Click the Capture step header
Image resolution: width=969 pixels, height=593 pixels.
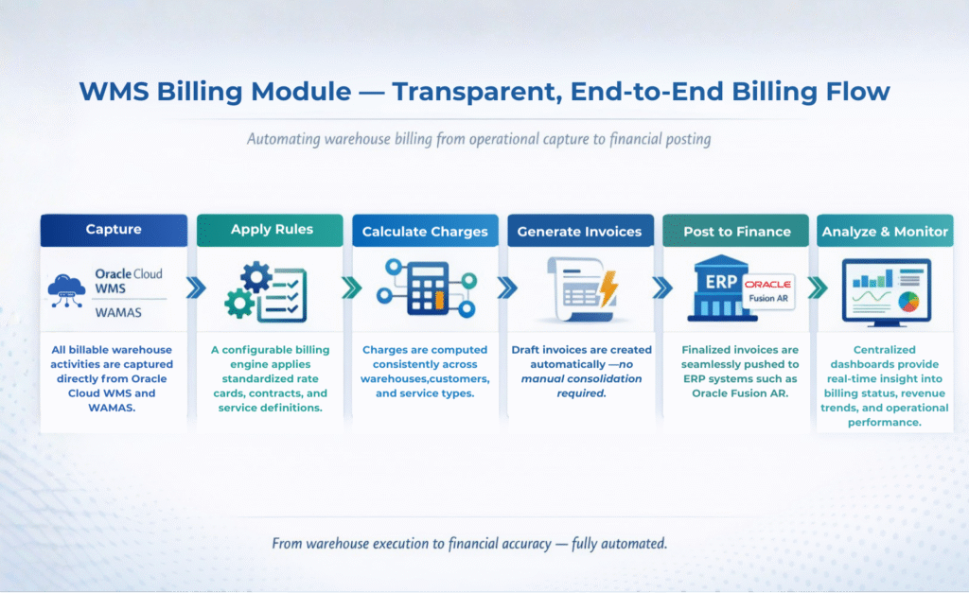[x=114, y=230]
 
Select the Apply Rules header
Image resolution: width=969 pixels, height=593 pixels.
[x=270, y=230]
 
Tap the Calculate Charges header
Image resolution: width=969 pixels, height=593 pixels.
[x=425, y=231]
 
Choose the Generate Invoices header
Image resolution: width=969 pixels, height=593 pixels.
[x=580, y=231]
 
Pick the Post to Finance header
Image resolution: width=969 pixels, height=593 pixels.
[x=735, y=231]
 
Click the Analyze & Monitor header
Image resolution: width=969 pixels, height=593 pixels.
[x=885, y=231]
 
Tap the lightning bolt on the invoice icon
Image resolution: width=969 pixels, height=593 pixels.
[x=608, y=288]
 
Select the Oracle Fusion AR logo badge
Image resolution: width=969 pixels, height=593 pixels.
[x=767, y=291]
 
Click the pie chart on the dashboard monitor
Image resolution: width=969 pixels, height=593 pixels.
[x=908, y=302]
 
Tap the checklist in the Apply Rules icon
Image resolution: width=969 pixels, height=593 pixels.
[x=282, y=295]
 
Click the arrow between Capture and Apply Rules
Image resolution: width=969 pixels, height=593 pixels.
[x=196, y=288]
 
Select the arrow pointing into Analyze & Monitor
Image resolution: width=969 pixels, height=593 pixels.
[x=817, y=288]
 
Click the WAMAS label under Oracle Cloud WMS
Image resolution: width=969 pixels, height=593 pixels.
[x=118, y=312]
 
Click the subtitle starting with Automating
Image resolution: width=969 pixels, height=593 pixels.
[x=479, y=139]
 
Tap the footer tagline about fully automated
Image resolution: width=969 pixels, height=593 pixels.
[x=469, y=544]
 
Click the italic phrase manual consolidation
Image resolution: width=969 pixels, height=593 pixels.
[x=582, y=378]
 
